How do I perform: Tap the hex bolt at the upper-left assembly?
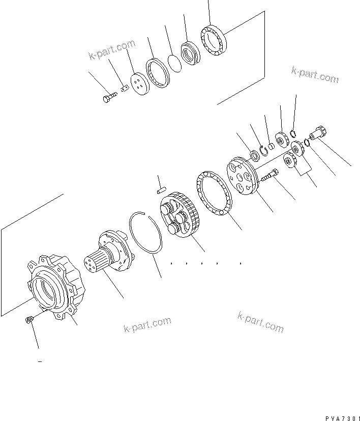[108, 98]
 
